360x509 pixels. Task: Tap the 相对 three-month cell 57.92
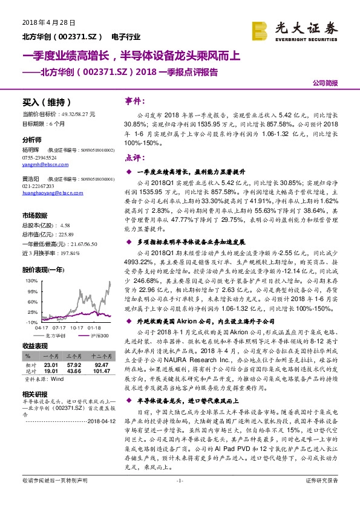[x=74, y=365]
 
